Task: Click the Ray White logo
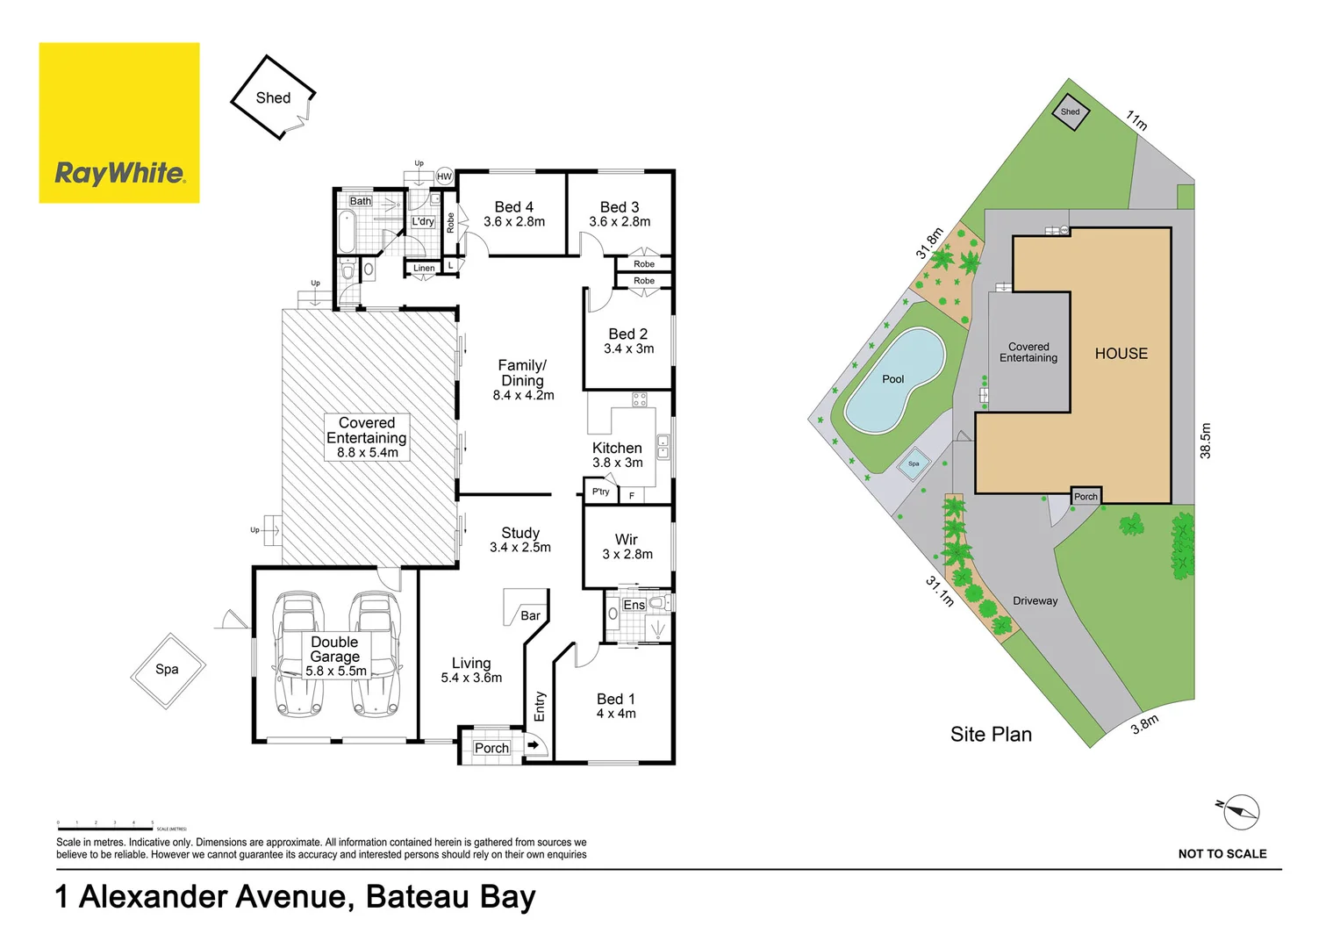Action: pyautogui.click(x=119, y=123)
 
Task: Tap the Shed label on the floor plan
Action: pyautogui.click(x=273, y=98)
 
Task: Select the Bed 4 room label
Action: pyautogui.click(x=513, y=214)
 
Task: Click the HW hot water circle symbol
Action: pyautogui.click(x=444, y=176)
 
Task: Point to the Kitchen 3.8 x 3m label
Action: pyautogui.click(x=617, y=455)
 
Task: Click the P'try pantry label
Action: pyautogui.click(x=600, y=492)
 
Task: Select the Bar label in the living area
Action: pyautogui.click(x=530, y=615)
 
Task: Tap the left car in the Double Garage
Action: pyautogui.click(x=296, y=654)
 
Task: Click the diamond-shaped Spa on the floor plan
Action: pyautogui.click(x=168, y=670)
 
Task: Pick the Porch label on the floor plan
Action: pyautogui.click(x=491, y=748)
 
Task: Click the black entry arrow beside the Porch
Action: pyautogui.click(x=533, y=745)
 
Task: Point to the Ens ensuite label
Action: pyautogui.click(x=634, y=605)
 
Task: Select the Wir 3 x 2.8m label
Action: pyautogui.click(x=627, y=546)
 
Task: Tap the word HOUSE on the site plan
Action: pyautogui.click(x=1121, y=354)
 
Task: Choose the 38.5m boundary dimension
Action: pyautogui.click(x=1206, y=441)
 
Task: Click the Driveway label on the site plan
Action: pyautogui.click(x=1035, y=601)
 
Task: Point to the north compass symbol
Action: pyautogui.click(x=1240, y=812)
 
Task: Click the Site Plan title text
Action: pyautogui.click(x=991, y=735)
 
